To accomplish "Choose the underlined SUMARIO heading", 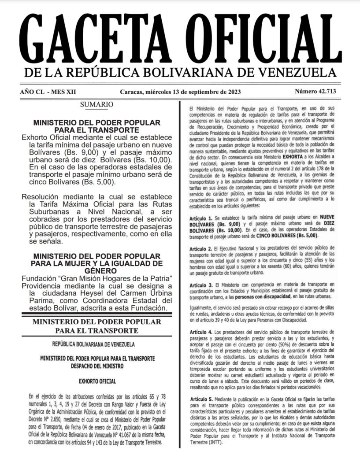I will tap(96, 104).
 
